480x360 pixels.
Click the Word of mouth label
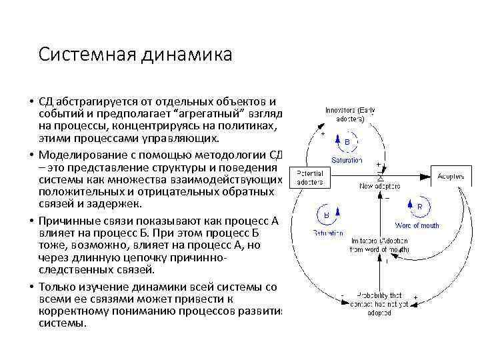click(418, 225)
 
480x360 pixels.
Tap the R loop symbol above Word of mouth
click(419, 207)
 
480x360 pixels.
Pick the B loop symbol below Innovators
click(347, 141)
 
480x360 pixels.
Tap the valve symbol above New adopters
click(380, 175)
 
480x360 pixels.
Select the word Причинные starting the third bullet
click(66, 220)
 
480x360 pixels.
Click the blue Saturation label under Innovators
click(347, 160)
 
